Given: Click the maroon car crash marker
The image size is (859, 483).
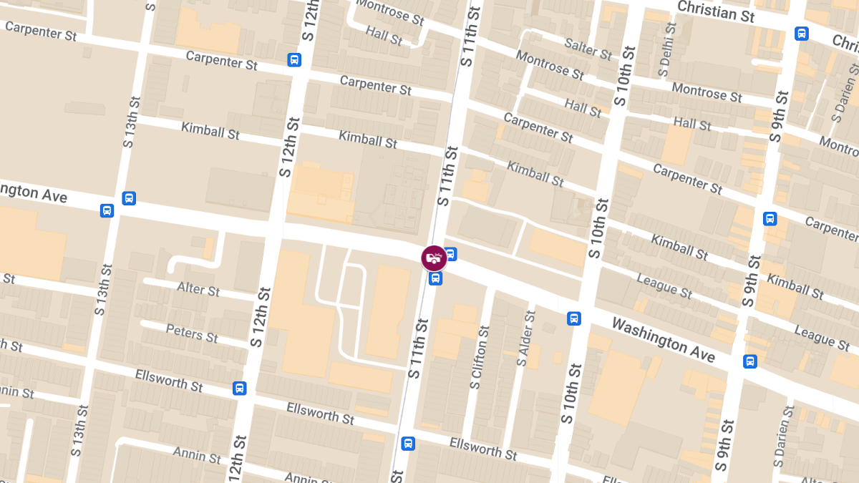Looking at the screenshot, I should click(434, 258).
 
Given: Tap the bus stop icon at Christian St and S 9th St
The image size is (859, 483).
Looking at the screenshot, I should click(801, 34).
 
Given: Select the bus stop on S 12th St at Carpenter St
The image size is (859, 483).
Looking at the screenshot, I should click(294, 60).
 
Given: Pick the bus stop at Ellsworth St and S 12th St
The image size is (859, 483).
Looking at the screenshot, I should click(240, 388).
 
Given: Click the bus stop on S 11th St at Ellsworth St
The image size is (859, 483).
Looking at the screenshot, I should click(408, 444).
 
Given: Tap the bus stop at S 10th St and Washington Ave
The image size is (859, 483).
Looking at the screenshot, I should click(573, 318).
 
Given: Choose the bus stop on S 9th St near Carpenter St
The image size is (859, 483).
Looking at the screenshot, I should click(770, 219).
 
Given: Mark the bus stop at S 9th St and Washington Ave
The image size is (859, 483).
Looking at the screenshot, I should click(749, 361).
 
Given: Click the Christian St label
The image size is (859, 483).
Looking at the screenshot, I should click(716, 11).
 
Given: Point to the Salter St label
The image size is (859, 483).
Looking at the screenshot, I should click(588, 49).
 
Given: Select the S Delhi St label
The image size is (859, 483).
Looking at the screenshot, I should click(666, 49).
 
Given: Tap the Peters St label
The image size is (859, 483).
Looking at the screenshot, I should click(192, 332).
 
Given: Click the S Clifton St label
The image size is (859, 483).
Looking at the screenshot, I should click(479, 358).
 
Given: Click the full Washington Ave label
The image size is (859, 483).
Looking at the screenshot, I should click(663, 339).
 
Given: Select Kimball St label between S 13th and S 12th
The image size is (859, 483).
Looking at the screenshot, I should click(210, 131).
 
